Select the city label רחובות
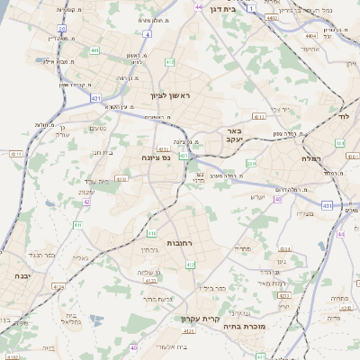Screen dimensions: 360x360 coord(181,243)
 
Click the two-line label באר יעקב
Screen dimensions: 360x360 coord(235,135)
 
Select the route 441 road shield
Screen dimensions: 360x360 coord(94,50)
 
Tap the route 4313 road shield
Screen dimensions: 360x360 coord(284,294)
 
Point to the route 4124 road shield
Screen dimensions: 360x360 coord(58,286)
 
